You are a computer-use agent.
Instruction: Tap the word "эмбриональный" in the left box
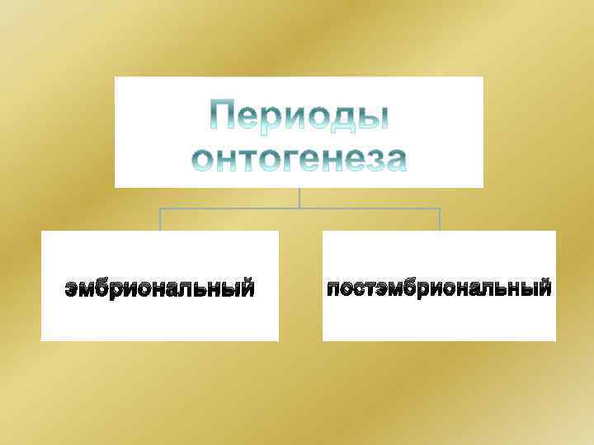(x=160, y=289)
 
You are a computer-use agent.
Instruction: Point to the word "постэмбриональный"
(x=439, y=289)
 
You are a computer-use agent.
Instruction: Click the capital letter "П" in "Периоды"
(x=224, y=115)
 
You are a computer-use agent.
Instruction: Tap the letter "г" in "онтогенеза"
(x=283, y=160)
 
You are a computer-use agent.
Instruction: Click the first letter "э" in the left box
(x=73, y=290)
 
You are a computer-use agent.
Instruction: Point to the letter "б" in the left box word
(x=108, y=289)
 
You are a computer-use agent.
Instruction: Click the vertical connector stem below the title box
(x=299, y=198)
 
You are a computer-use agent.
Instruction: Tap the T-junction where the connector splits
(x=299, y=208)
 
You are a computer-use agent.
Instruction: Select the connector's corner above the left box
(x=160, y=209)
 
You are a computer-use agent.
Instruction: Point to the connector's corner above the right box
(x=440, y=209)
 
